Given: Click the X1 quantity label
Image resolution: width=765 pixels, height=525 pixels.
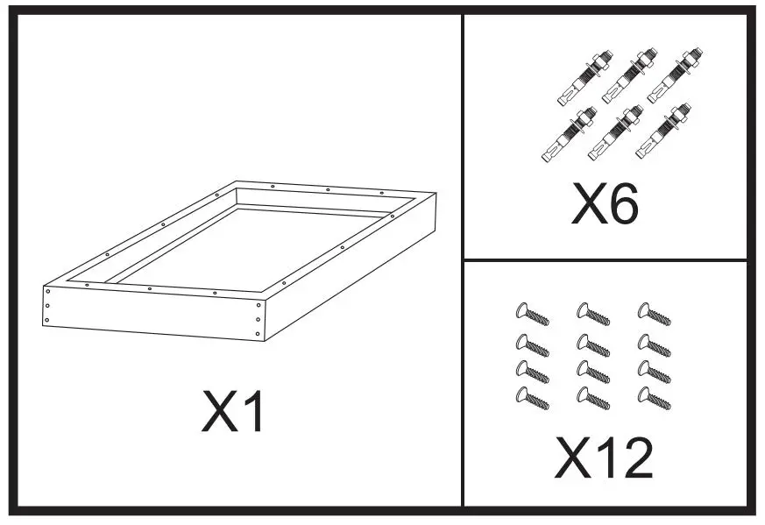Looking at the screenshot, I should (x=233, y=411).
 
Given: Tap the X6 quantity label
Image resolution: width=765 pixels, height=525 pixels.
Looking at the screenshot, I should (x=606, y=204).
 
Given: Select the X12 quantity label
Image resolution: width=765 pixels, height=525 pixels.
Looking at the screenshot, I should (x=605, y=458).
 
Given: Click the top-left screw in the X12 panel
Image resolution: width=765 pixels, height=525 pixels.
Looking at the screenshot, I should (x=532, y=314).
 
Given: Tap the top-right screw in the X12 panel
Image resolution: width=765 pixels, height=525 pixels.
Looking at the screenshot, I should (x=654, y=314).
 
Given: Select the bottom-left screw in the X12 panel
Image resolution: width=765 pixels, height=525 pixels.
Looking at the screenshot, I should (x=532, y=399).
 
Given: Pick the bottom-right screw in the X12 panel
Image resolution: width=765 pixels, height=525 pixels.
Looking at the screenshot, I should (x=654, y=399).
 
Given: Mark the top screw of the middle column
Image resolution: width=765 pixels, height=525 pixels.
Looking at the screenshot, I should (x=592, y=314).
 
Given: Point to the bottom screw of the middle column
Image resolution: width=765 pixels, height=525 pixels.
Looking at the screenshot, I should (x=592, y=399).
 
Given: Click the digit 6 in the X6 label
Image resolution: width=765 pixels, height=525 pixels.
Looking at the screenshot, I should (x=624, y=204).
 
